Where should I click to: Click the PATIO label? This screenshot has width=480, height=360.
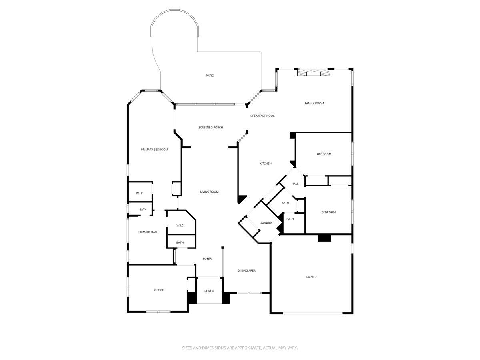pos(210,76)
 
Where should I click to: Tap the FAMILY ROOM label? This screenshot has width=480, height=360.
pos(314,104)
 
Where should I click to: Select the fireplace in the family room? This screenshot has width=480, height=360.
pos(314,72)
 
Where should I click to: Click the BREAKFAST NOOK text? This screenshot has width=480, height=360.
pos(262,116)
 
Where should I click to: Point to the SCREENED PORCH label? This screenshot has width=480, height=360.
pos(210,128)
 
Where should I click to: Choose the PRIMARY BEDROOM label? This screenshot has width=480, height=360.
pos(154,150)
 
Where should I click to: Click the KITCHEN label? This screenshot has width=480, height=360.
pos(266,164)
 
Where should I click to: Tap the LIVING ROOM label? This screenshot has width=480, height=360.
pos(209,192)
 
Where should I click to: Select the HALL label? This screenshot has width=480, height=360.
pos(295,184)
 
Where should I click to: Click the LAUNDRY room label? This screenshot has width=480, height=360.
pos(266,223)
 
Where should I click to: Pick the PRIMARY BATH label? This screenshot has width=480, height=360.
pos(148,232)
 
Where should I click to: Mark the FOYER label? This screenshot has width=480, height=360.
pos(207,259)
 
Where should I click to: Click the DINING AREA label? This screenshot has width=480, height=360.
pos(246,271)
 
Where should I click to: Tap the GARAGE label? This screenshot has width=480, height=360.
pos(311,277)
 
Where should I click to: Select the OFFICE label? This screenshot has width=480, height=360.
pos(159,290)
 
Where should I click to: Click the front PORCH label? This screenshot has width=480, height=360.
pos(209,291)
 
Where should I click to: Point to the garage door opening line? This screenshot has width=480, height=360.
pos(313,313)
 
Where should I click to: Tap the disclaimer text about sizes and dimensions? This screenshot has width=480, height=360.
pos(240,348)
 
